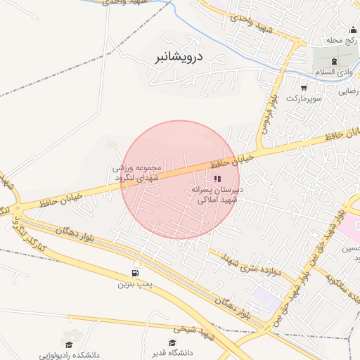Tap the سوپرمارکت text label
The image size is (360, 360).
click(x=308, y=100)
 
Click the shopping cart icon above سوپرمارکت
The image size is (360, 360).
click(x=304, y=88)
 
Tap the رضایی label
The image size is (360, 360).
click(x=349, y=91)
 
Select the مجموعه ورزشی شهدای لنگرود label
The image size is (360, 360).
click(x=138, y=173)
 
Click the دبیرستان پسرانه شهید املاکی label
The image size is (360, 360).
click(x=216, y=195)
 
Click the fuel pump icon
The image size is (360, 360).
click(x=134, y=274)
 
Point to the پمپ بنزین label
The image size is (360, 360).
click(x=134, y=285)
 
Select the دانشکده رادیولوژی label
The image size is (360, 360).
click(x=68, y=355)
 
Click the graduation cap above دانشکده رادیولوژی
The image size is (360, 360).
click(x=69, y=344)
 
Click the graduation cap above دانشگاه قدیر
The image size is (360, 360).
click(x=173, y=342)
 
